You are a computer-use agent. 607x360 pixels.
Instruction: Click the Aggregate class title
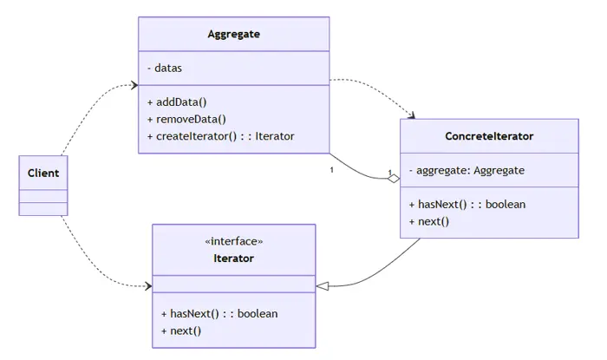pyautogui.click(x=233, y=35)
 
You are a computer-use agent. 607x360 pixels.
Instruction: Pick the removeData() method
pyautogui.click(x=191, y=119)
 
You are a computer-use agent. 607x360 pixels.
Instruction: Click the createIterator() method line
pyautogui.click(x=225, y=136)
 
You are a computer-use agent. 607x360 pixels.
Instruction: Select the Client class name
pyautogui.click(x=43, y=173)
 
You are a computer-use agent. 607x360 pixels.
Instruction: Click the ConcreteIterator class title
pyautogui.click(x=489, y=136)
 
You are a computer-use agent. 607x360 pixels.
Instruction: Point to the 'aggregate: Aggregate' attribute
pyautogui.click(x=466, y=170)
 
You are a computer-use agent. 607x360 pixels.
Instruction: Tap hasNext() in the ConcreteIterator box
pyautogui.click(x=467, y=205)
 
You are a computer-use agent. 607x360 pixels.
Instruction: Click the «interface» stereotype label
pyautogui.click(x=234, y=241)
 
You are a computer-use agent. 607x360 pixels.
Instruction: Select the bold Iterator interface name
pyautogui.click(x=234, y=259)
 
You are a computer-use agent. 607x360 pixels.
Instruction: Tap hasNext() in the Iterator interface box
pyautogui.click(x=219, y=313)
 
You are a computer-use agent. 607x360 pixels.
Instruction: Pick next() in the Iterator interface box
pyautogui.click(x=180, y=331)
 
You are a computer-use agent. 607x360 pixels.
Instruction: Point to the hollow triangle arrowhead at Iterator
pyautogui.click(x=323, y=285)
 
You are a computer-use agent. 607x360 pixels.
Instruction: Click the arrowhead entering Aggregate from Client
pyautogui.click(x=134, y=85)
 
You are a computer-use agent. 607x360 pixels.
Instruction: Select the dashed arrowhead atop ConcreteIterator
pyautogui.click(x=411, y=115)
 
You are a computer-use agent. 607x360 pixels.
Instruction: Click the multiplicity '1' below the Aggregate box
pyautogui.click(x=332, y=170)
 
